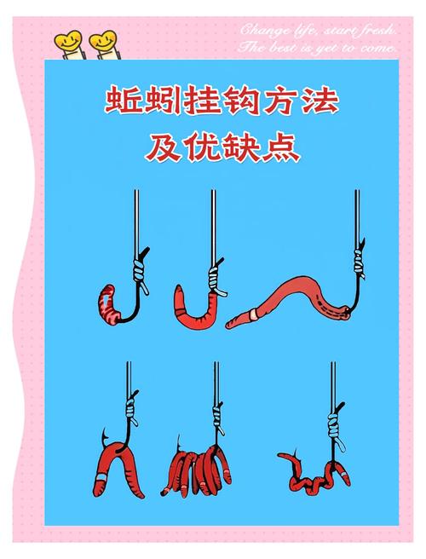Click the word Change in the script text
(260, 31)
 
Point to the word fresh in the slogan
(373, 31)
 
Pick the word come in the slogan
(379, 49)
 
